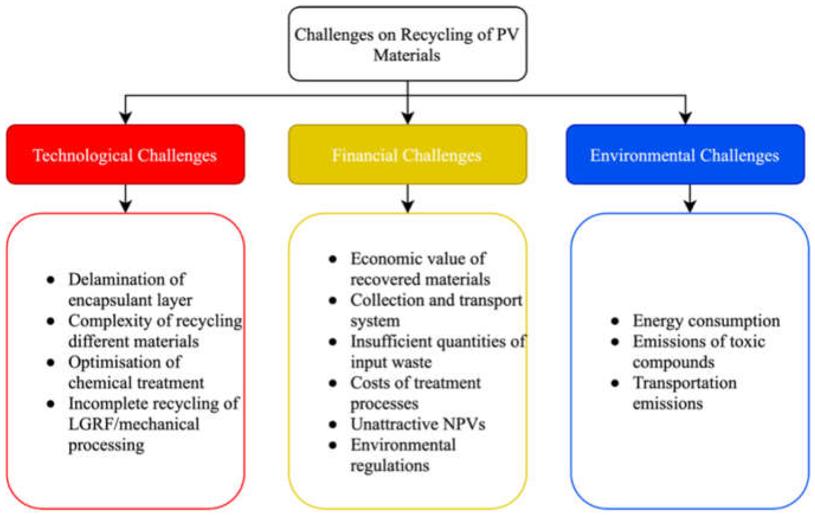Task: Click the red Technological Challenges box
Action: (x=125, y=155)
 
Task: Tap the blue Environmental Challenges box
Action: (x=685, y=155)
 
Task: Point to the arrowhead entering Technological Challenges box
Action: (x=125, y=118)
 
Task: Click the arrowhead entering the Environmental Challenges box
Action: (x=685, y=118)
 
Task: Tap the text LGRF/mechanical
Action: (x=134, y=424)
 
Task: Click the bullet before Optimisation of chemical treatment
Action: (x=50, y=363)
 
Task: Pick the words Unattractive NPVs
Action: (x=418, y=424)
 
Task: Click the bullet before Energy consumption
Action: (x=615, y=321)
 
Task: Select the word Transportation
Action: (x=684, y=383)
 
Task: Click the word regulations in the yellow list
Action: (x=390, y=466)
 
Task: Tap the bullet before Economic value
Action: (x=333, y=259)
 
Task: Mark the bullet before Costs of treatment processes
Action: (x=333, y=383)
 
